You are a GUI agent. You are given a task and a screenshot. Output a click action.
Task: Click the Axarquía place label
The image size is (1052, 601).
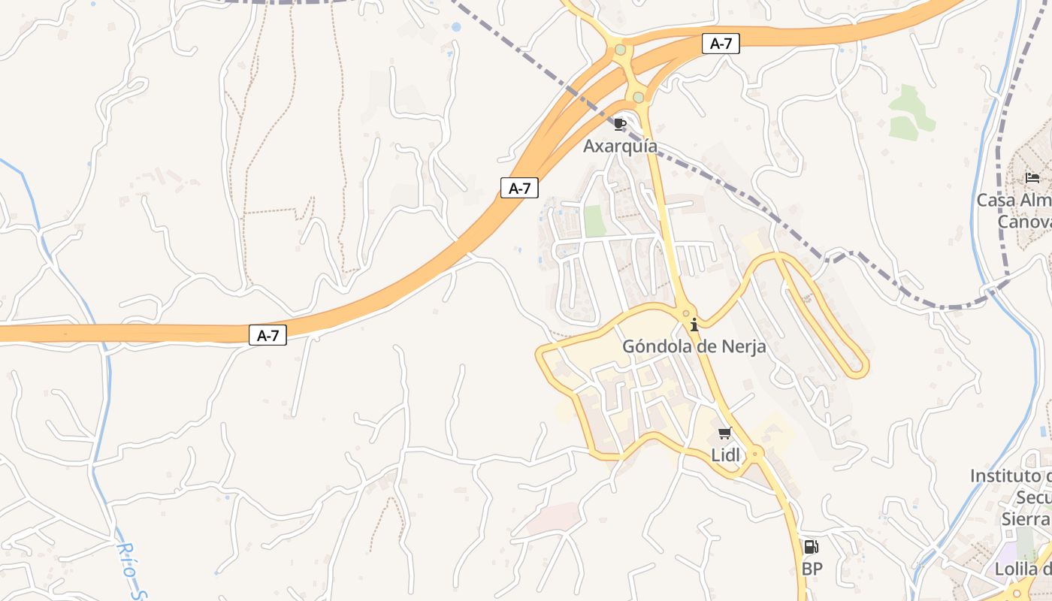point(620,146)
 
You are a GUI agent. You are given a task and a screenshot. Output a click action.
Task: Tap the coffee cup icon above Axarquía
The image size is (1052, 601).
point(619,124)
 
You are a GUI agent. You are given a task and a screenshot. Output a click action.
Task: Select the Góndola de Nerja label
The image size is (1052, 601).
point(694,347)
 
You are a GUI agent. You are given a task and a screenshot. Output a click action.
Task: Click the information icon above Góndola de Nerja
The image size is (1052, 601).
point(694,325)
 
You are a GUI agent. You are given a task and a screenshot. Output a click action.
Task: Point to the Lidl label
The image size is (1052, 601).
point(725,455)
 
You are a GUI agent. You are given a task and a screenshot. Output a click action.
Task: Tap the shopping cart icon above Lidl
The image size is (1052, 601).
point(724,433)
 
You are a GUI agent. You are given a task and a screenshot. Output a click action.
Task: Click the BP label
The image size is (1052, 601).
point(812,569)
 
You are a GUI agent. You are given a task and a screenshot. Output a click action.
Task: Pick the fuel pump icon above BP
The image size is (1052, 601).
point(811,547)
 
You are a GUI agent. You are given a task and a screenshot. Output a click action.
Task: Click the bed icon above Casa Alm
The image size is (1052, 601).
point(1032,178)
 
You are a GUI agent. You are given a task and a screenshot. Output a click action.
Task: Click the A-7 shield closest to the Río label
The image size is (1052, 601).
point(268,335)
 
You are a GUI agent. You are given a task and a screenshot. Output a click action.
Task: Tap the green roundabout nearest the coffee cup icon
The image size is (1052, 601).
point(638,97)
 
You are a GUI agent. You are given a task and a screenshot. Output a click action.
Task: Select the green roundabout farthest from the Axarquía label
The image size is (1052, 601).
point(620,50)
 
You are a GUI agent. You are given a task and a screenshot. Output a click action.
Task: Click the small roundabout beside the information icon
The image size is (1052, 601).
point(685,313)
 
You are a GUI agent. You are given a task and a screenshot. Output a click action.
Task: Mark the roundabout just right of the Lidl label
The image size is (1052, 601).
point(755,453)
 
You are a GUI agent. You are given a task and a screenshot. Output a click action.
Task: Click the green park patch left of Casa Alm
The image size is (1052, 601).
point(910,113)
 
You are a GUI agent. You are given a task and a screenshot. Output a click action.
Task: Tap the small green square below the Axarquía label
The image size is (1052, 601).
point(594,221)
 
